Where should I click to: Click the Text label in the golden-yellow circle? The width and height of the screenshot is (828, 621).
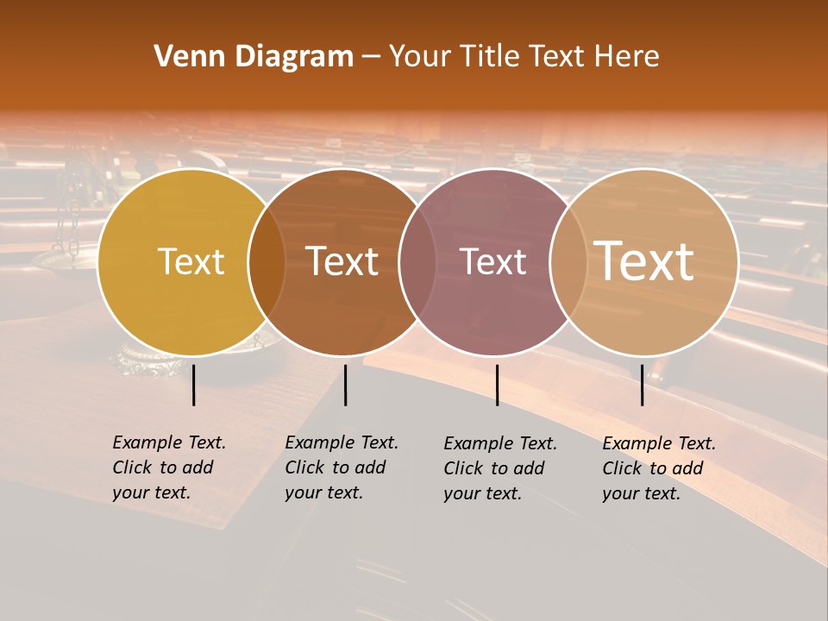click(x=191, y=261)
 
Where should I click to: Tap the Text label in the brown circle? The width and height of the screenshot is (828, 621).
click(x=342, y=261)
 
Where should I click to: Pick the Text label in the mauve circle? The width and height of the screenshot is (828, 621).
click(x=493, y=261)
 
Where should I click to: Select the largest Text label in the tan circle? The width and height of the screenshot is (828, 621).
click(x=644, y=260)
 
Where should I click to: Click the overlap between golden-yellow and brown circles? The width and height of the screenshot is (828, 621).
click(x=267, y=262)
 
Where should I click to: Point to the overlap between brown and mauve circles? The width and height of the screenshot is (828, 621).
click(x=417, y=262)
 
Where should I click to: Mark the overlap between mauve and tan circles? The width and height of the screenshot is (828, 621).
click(x=568, y=262)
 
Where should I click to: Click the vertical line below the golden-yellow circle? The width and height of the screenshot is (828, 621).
click(x=194, y=385)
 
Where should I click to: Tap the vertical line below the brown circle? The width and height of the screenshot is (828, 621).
click(x=345, y=385)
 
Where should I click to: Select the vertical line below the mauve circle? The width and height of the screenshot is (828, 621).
click(x=497, y=385)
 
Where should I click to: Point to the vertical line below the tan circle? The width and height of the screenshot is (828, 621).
click(x=643, y=385)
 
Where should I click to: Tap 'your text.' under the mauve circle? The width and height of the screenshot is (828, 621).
click(x=483, y=493)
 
